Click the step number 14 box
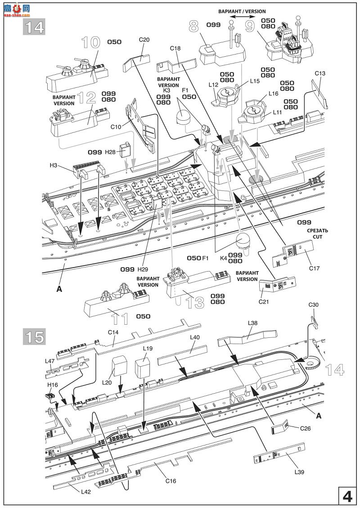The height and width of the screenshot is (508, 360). (x=34, y=27)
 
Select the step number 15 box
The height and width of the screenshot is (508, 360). (x=34, y=336)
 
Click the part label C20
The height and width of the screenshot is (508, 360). (x=144, y=40)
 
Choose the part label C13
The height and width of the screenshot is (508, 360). (x=320, y=73)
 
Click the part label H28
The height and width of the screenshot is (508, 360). (x=110, y=152)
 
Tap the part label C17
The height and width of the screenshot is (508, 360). (x=314, y=269)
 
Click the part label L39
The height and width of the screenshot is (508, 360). (x=300, y=472)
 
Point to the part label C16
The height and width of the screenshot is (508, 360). (x=171, y=481)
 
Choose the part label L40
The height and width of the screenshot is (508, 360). (x=195, y=337)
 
